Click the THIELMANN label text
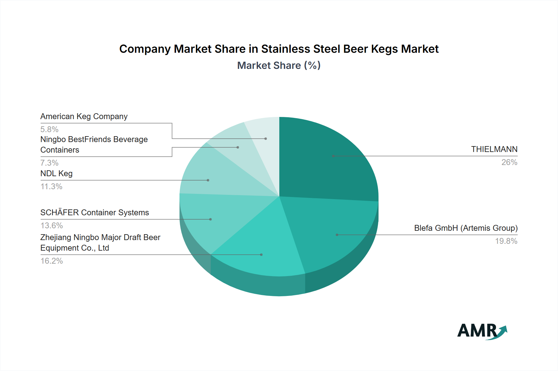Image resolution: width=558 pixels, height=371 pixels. pos(494,149)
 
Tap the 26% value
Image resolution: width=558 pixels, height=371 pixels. pos(509,162)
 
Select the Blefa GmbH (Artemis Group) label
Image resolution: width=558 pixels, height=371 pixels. pos(466,228)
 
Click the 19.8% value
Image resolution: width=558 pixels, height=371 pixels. pos(506,241)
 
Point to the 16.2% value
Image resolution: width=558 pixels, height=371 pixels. pos(51,261)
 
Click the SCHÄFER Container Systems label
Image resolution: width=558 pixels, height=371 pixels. pos(95,212)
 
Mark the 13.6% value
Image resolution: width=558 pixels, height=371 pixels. pos(51,226)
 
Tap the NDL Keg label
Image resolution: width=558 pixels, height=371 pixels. pos(56,173)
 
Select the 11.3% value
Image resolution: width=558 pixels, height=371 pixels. pos(51,186)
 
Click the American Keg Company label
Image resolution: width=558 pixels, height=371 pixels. pos(84,116)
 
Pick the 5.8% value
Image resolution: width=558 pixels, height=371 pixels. pos(49,129)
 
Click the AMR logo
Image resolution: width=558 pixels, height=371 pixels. pos(482,331)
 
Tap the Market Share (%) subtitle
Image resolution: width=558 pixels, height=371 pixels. pos(279,65)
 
